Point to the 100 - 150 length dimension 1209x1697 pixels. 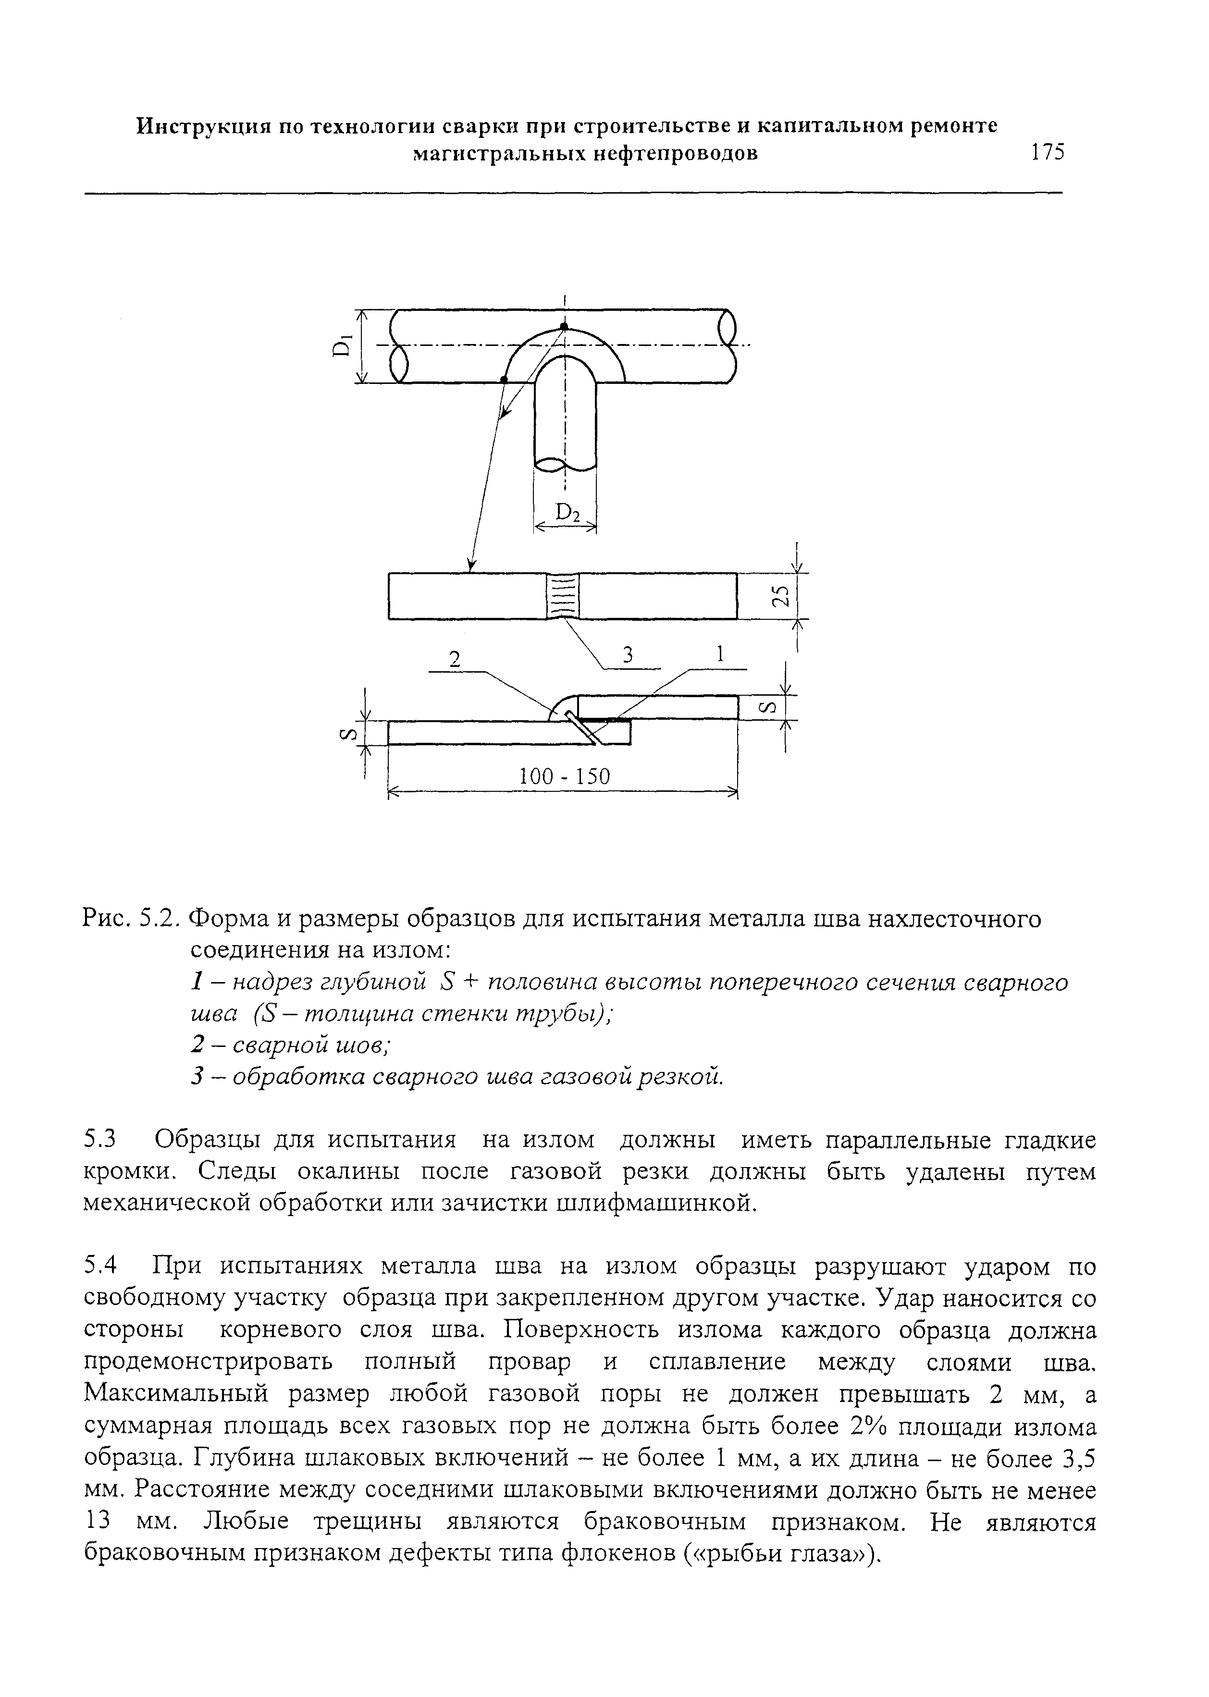coord(564,777)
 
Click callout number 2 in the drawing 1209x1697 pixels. coord(455,660)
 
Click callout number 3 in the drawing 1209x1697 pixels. coord(628,654)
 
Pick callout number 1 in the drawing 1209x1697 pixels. coord(719,654)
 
